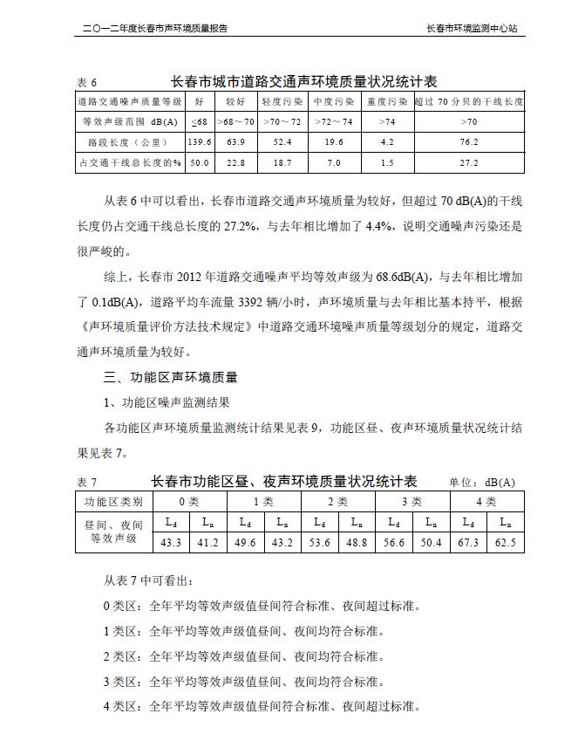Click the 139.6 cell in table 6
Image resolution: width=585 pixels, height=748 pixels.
click(200, 141)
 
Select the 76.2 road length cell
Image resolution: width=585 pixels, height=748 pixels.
click(469, 141)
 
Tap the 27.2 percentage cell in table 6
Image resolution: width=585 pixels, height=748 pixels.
click(469, 162)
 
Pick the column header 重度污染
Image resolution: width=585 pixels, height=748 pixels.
click(387, 102)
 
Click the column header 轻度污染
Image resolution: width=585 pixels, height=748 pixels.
click(282, 102)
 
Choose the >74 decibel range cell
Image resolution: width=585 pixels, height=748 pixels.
click(387, 121)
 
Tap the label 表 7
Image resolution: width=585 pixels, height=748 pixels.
click(87, 483)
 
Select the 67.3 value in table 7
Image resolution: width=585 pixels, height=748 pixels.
click(468, 543)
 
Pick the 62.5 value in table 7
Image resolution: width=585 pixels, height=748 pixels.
click(506, 543)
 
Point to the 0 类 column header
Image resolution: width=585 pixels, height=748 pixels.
click(189, 502)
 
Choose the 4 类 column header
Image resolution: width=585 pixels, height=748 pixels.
click(486, 502)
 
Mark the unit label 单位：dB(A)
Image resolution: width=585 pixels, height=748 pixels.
click(482, 483)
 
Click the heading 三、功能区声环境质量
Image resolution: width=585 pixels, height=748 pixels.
click(171, 378)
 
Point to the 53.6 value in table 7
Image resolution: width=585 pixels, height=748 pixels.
click(320, 543)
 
